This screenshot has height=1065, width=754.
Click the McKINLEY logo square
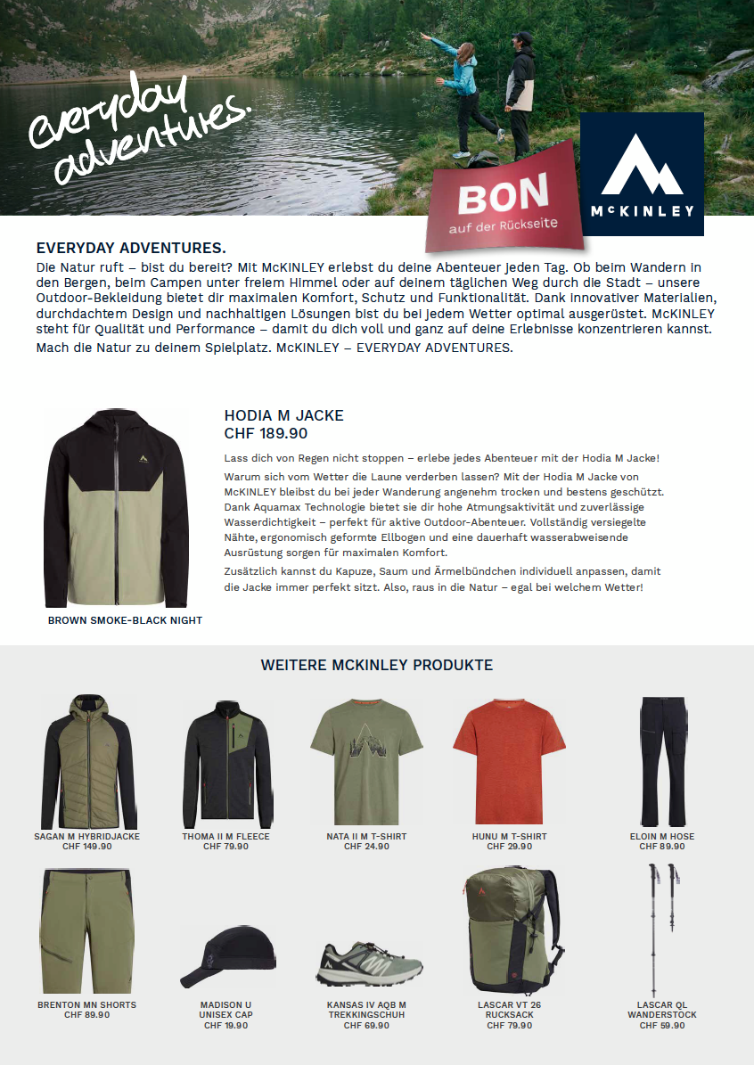click(642, 174)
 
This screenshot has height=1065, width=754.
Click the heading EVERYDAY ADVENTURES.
click(131, 248)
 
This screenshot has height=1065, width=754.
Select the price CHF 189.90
click(266, 433)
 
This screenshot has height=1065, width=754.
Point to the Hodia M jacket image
click(115, 508)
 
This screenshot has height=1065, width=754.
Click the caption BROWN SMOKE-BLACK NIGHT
click(125, 620)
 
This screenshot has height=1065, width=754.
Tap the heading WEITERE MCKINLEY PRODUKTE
click(376, 665)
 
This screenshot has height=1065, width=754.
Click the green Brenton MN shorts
click(86, 931)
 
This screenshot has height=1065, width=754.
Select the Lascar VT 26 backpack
click(509, 931)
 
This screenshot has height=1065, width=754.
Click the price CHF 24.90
click(366, 847)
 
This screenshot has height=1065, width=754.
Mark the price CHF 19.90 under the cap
click(225, 1026)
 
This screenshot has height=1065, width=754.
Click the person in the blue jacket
click(463, 89)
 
